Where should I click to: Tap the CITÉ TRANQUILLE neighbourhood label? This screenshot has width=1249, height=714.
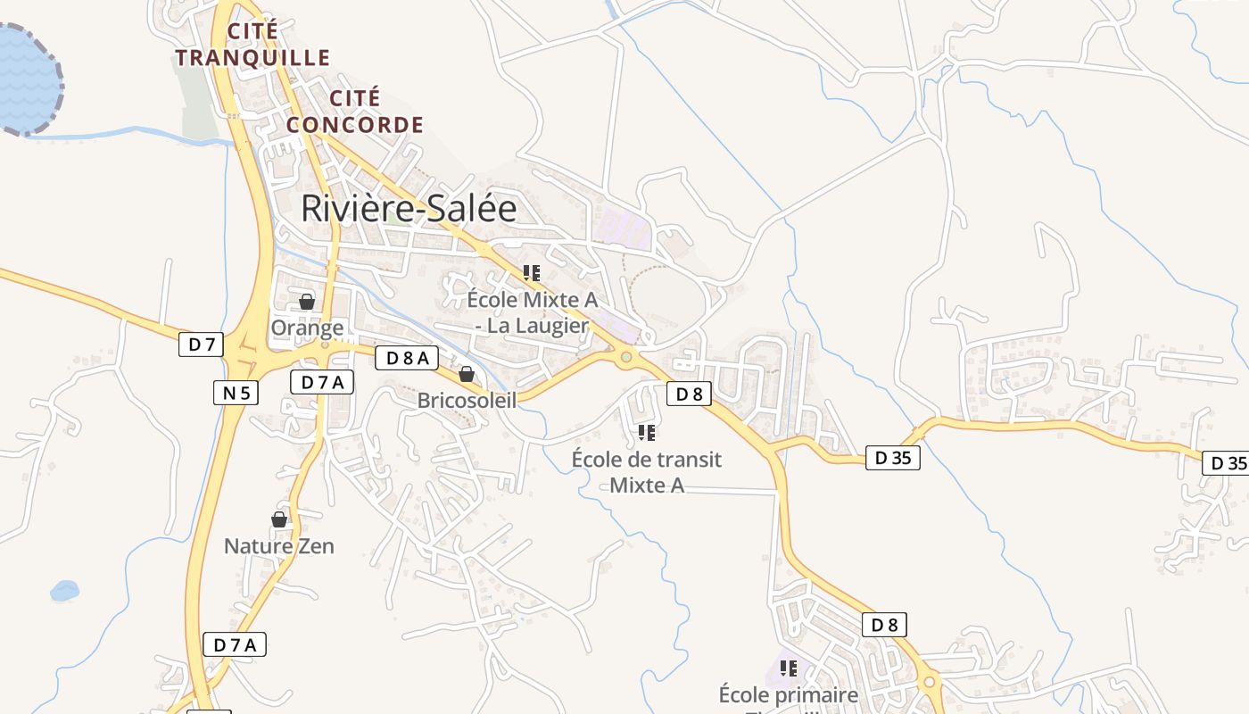252,45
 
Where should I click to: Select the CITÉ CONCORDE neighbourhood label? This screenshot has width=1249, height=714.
355,112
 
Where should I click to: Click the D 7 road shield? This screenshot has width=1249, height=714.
201,345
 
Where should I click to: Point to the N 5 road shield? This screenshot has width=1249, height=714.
236,392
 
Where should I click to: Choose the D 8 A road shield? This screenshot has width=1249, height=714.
407,359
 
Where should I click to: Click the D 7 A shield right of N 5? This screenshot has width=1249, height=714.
322,383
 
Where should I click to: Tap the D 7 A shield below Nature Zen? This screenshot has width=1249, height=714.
236,644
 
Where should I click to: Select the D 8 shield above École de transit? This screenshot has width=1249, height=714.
689,394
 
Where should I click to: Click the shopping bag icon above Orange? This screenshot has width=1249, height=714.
307,302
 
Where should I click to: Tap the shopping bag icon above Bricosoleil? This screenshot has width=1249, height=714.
466,374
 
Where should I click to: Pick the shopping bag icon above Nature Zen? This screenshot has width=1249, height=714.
279,519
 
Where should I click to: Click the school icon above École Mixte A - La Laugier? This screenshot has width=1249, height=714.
532,273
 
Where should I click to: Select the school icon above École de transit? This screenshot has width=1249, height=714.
647,434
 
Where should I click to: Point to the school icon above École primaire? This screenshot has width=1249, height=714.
789,668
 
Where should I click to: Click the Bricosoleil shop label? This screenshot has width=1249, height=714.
467,401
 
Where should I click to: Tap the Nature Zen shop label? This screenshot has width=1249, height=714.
279,545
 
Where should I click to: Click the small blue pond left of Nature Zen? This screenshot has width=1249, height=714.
64,590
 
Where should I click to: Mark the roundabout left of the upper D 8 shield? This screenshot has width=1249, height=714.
627,357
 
